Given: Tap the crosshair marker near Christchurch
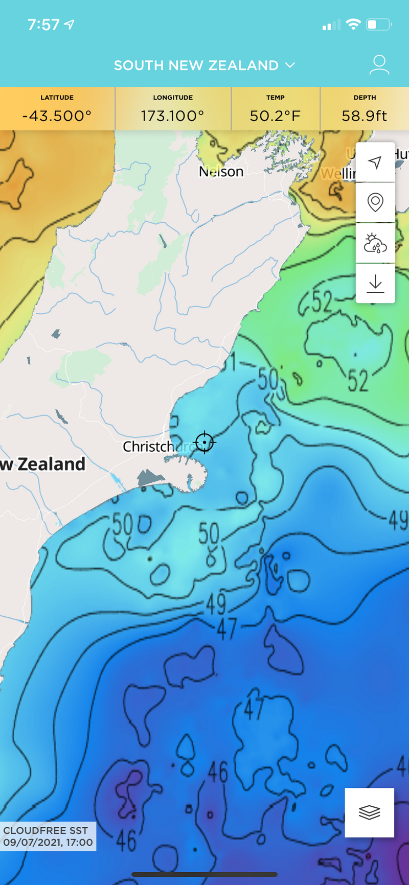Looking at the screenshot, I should point(204,442).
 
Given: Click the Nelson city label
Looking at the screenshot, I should point(221,172).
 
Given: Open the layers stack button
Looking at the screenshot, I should point(369,812).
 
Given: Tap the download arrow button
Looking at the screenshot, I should point(375,283).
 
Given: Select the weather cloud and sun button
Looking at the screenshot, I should point(375,243).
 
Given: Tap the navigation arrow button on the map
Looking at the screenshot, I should point(375,162).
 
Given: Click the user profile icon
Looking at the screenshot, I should point(379,65).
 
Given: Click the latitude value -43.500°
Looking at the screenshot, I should point(57,116).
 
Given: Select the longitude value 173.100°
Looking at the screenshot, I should point(173,116).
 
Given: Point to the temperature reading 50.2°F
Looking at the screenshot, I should point(275,116).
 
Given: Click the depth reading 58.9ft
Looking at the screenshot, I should point(365,116).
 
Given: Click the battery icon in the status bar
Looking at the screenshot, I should point(378,25).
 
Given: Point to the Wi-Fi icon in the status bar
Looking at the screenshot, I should point(353,25).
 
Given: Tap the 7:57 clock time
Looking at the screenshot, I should point(43,25).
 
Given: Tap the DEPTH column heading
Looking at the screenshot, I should point(365,98).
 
